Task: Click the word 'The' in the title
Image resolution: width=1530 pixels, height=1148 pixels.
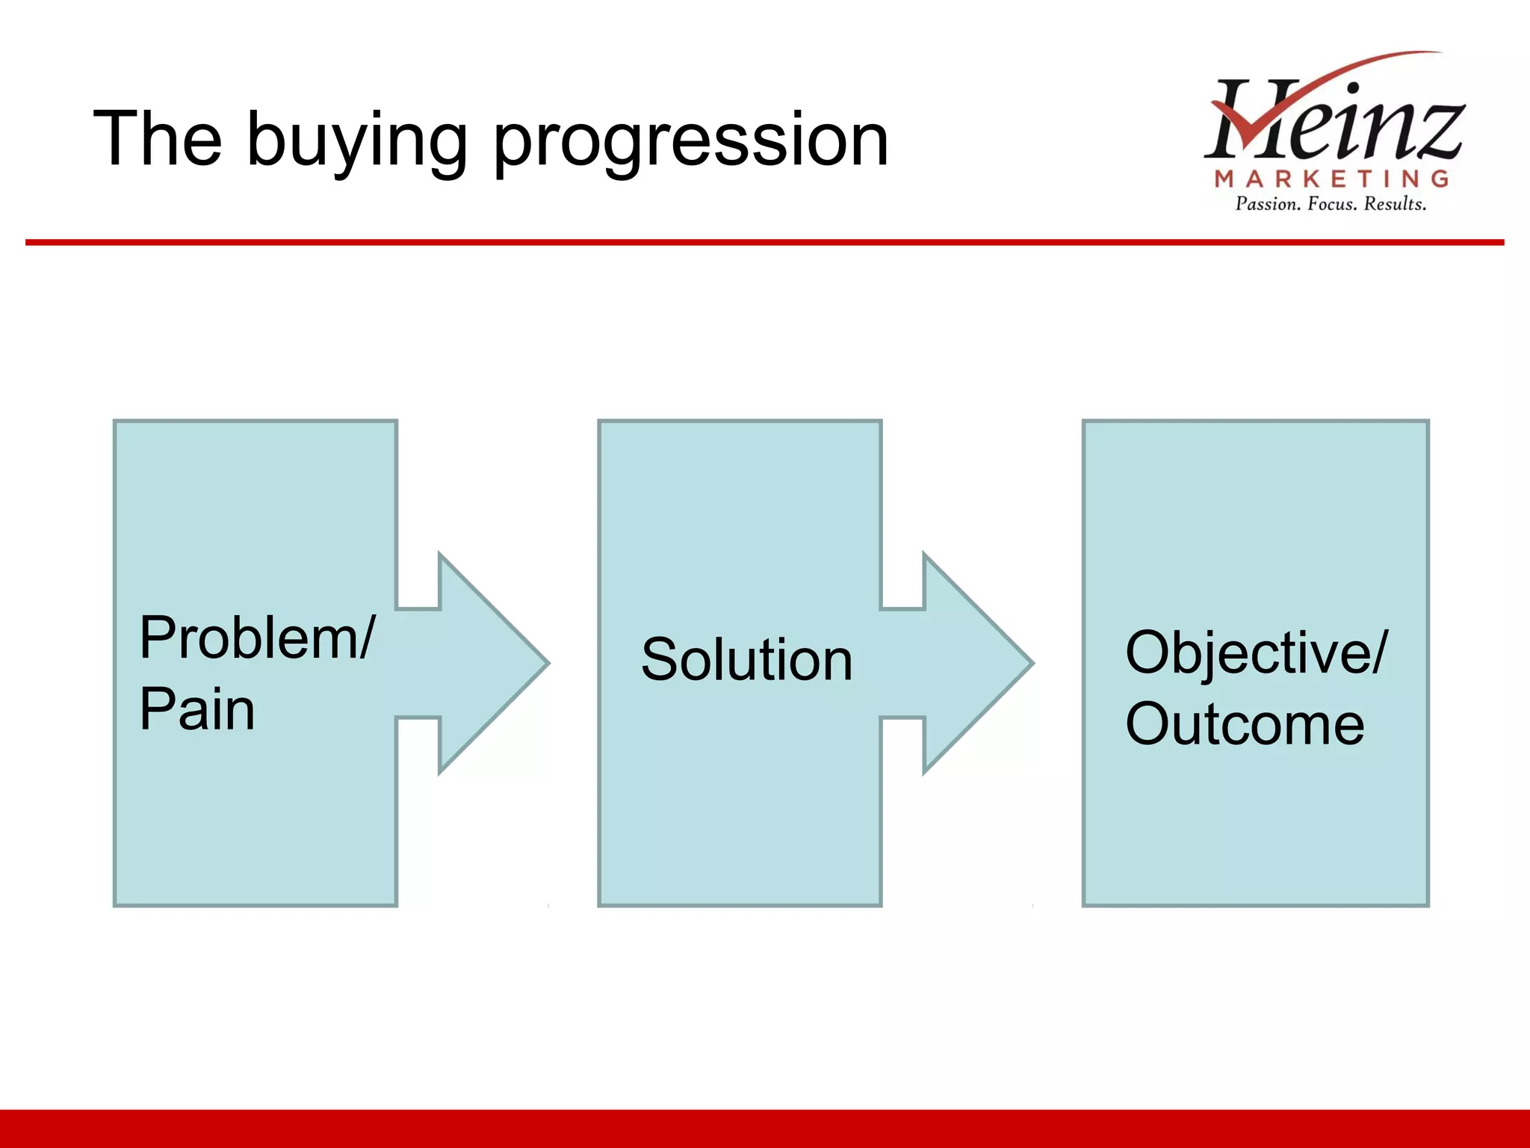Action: (158, 139)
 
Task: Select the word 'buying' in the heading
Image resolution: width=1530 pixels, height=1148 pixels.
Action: (357, 142)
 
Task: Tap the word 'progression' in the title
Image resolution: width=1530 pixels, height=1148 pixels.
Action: (690, 142)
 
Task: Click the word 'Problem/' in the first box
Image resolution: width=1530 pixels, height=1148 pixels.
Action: (256, 638)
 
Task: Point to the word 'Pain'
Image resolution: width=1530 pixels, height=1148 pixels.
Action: (197, 709)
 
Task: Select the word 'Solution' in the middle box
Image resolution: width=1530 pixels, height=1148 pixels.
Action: (746, 660)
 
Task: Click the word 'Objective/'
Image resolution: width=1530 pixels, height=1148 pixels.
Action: (1256, 652)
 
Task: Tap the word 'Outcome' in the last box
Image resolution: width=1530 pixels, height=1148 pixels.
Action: (1245, 723)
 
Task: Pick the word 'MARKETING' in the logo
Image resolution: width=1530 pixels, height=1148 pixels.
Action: (1331, 179)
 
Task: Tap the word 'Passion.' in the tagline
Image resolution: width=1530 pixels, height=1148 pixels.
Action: (1268, 204)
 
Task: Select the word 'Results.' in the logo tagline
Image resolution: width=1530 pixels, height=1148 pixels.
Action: (1395, 204)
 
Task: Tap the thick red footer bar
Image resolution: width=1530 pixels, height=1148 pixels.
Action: (765, 1129)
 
